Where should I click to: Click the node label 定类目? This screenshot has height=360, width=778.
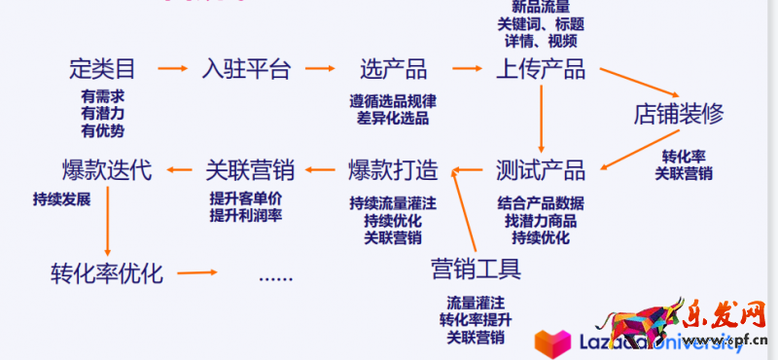click(102, 69)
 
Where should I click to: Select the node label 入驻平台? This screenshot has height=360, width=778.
click(246, 69)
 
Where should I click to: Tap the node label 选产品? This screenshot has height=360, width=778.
click(393, 69)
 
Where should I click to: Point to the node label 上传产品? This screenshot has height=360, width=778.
click(541, 69)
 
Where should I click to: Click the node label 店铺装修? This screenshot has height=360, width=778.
click(679, 113)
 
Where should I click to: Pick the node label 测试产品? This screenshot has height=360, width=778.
click(541, 171)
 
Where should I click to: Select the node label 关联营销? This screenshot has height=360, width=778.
click(250, 171)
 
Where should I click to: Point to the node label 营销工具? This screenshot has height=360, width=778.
click(476, 267)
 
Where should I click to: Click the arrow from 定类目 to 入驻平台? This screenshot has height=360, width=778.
click(172, 69)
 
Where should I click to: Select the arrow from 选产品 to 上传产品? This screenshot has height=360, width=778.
click(466, 69)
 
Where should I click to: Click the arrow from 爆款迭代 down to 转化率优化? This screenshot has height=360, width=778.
click(107, 221)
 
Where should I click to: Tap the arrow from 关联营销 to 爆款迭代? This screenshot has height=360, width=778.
click(178, 171)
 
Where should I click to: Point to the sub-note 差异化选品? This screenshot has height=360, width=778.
click(393, 118)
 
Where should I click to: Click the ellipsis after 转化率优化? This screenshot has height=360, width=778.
click(275, 275)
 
